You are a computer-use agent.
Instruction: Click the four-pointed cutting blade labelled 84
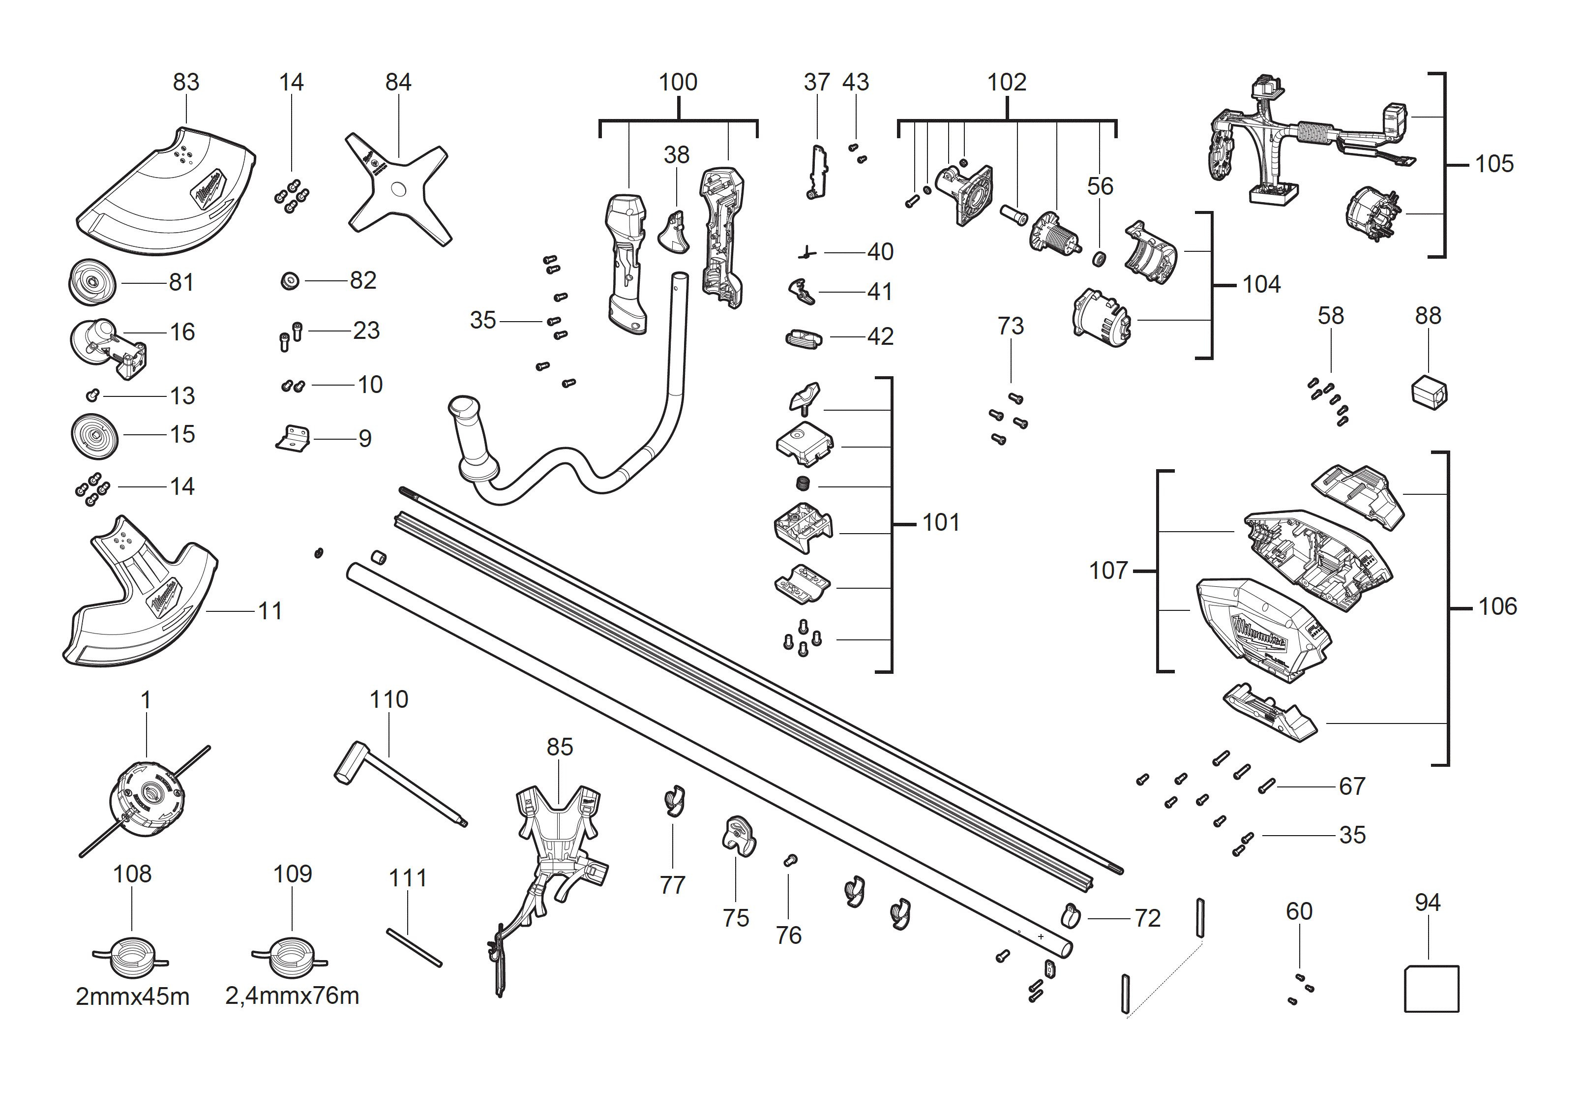[398, 189]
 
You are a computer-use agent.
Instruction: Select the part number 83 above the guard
[186, 82]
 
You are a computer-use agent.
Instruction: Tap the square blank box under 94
[1431, 988]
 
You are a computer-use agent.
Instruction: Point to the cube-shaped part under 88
[1429, 392]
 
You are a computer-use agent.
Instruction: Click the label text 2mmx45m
[132, 996]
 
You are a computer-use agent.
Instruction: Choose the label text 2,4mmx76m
[292, 996]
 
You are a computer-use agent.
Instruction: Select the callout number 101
[941, 523]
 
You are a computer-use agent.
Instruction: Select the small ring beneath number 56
[1100, 259]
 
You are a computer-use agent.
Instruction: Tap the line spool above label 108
[131, 957]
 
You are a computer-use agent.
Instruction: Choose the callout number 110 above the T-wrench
[389, 700]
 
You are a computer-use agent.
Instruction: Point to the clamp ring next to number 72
[1070, 916]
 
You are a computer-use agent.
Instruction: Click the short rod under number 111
[414, 948]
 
